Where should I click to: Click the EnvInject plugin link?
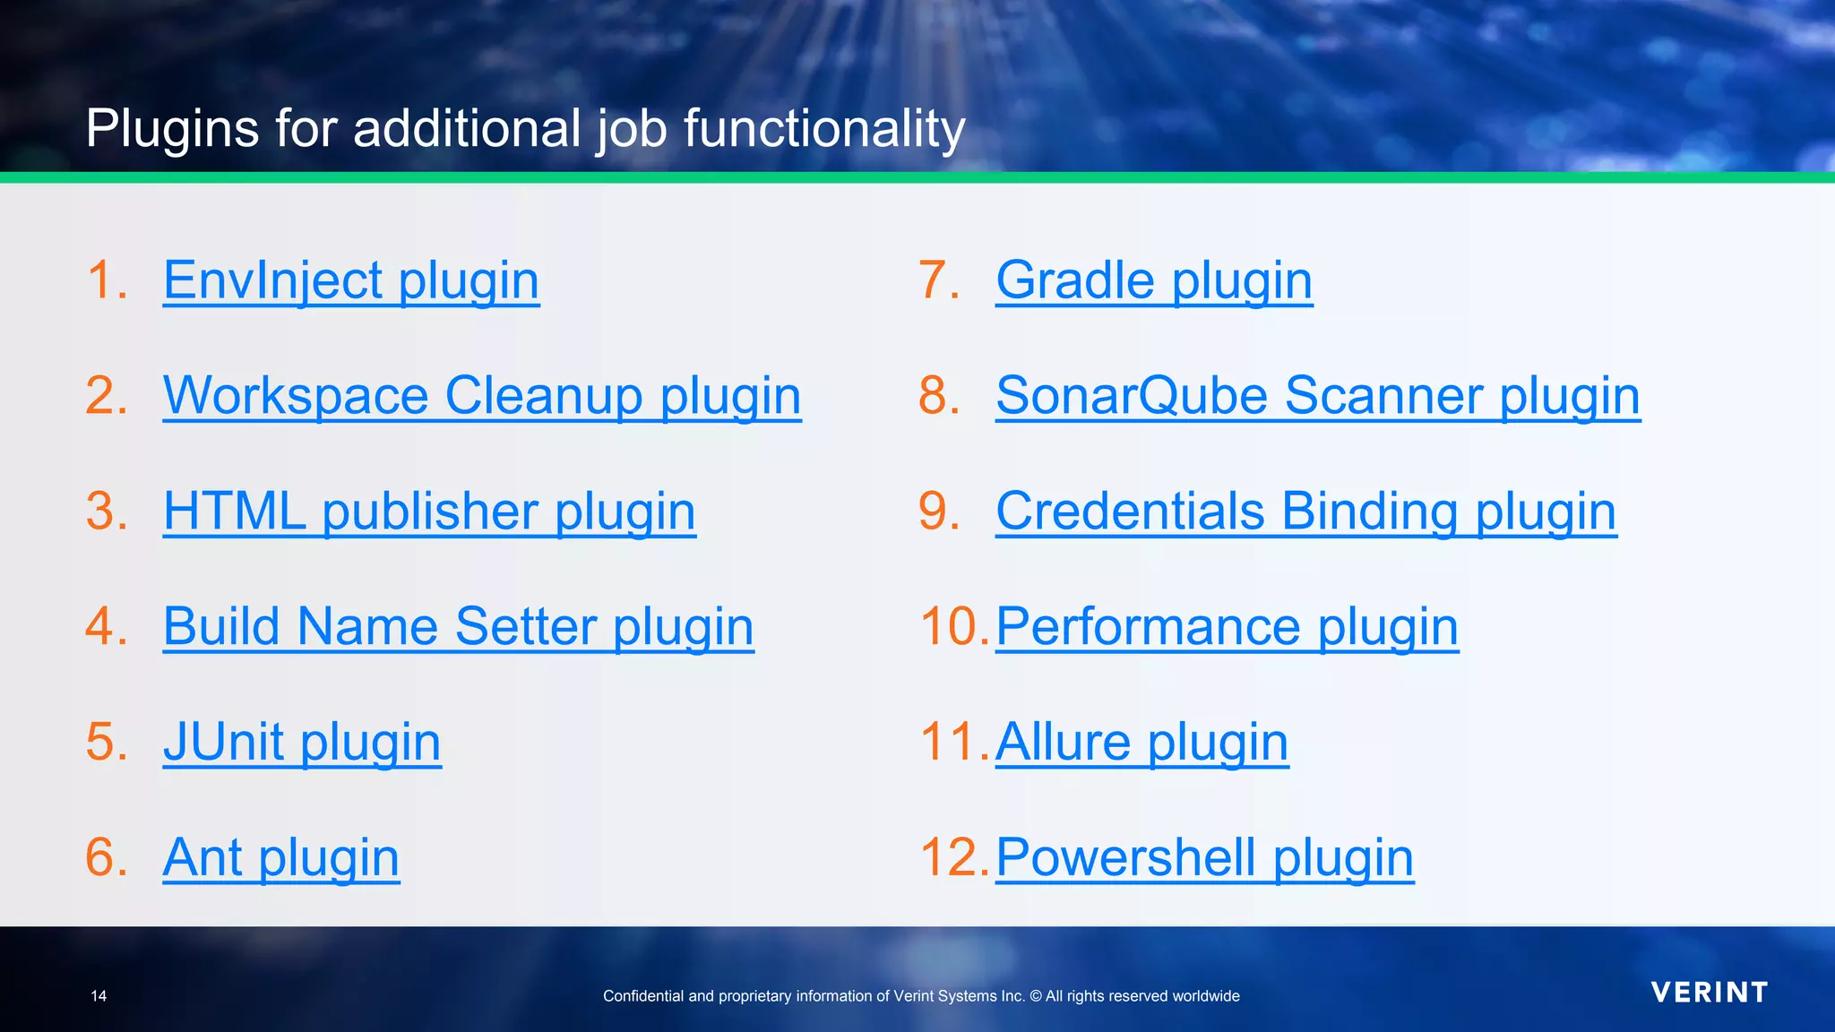(351, 280)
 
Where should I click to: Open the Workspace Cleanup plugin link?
(482, 396)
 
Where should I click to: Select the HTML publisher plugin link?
(429, 512)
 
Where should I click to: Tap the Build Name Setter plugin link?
(458, 626)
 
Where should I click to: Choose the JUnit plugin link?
(302, 742)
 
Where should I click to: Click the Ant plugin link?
(280, 857)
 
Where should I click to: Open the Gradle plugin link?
(1154, 280)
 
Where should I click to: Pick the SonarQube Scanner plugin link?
(1318, 396)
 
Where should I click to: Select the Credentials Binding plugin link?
(1306, 512)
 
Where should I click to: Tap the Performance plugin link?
(1227, 626)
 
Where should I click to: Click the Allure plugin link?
(1141, 742)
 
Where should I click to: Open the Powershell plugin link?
(1204, 857)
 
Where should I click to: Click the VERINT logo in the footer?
(1710, 993)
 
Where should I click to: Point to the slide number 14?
(99, 996)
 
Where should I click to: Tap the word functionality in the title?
(824, 128)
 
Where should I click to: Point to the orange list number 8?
(938, 396)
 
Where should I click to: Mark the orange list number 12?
(952, 857)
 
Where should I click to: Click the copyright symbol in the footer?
(1036, 996)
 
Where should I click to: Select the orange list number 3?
(106, 512)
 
